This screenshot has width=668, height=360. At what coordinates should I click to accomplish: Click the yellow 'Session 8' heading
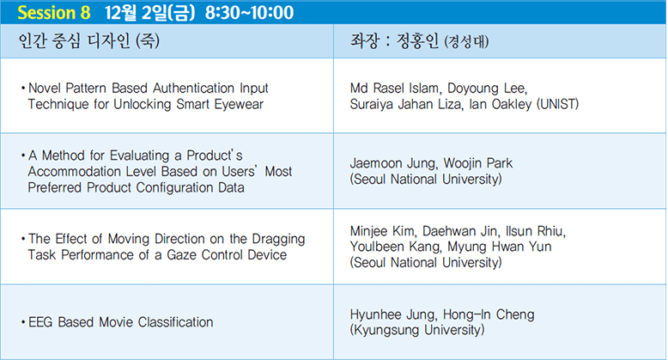[x=54, y=12]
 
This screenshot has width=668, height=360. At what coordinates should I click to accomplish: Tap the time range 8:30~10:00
[x=249, y=12]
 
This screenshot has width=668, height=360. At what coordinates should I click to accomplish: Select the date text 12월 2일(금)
[x=150, y=12]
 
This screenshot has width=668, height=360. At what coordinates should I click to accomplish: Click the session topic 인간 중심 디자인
[x=74, y=41]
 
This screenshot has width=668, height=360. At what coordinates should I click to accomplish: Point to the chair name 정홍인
[x=417, y=41]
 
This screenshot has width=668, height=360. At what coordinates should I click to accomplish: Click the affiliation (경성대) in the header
[x=466, y=42]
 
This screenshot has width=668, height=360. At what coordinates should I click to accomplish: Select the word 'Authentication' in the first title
[x=193, y=88]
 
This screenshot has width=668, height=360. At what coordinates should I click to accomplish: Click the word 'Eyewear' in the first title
[x=239, y=104]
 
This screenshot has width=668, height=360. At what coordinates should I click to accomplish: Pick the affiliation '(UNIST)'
[x=557, y=104]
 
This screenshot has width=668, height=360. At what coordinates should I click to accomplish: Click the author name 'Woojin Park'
[x=478, y=163]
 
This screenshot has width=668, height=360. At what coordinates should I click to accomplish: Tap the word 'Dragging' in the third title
[x=278, y=239]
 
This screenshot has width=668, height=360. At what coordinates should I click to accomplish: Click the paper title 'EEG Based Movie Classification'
[x=120, y=322]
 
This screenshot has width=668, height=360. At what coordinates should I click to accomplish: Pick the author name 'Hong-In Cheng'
[x=489, y=314]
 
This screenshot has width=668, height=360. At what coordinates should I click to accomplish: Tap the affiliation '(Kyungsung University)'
[x=417, y=330]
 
